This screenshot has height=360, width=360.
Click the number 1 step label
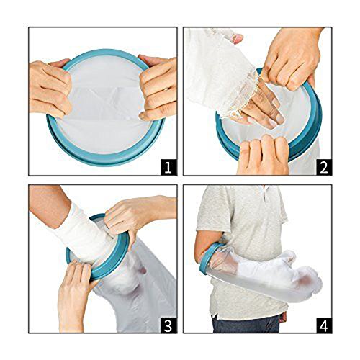pyautogui.click(x=168, y=167)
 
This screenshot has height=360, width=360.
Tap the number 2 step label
pyautogui.click(x=324, y=167)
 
